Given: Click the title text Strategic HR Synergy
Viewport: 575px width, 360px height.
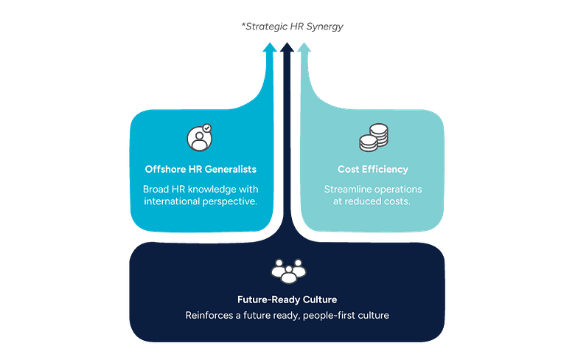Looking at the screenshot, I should [293, 27].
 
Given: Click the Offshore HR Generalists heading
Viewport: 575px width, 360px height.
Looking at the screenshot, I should [201, 170].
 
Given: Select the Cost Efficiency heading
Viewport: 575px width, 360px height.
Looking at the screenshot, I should [372, 170].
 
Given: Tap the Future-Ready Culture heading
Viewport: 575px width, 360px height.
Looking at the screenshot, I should [287, 300].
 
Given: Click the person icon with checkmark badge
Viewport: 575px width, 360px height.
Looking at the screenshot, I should [200, 138].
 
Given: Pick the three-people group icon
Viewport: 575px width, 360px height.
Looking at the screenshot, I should [287, 271].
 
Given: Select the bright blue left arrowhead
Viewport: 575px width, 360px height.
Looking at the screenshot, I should [271, 47].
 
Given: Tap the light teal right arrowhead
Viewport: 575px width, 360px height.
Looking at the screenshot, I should [304, 47].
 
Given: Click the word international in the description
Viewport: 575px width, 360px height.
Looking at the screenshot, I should [171, 201].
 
